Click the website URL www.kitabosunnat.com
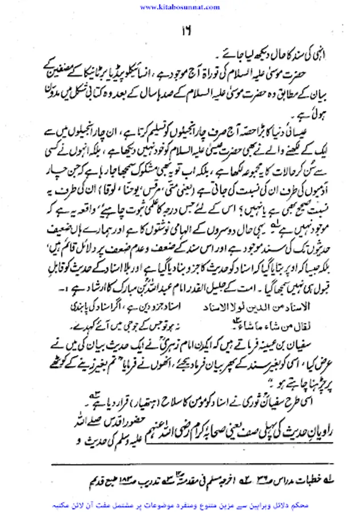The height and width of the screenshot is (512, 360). coord(180,7)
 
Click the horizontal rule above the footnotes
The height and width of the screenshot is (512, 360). coord(182,465)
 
